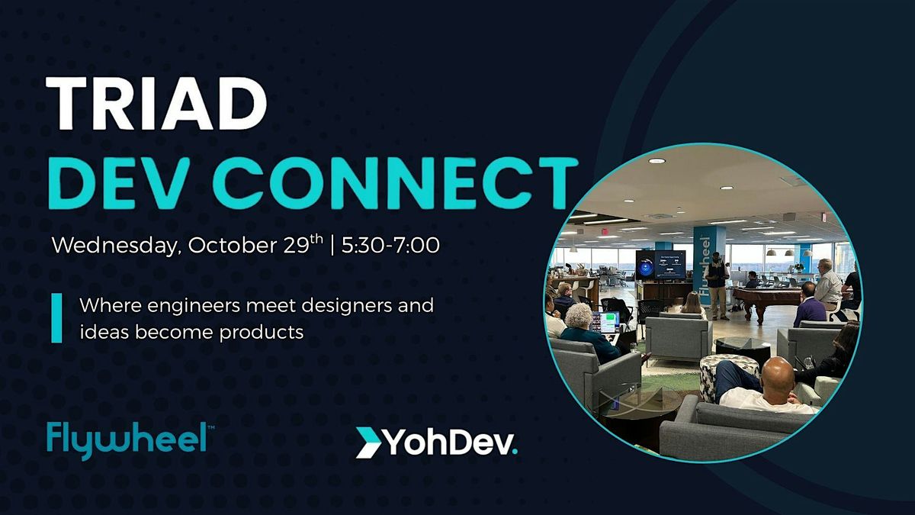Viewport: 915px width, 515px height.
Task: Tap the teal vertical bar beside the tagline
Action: [56, 318]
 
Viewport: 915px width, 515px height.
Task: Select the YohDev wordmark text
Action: [450, 443]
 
